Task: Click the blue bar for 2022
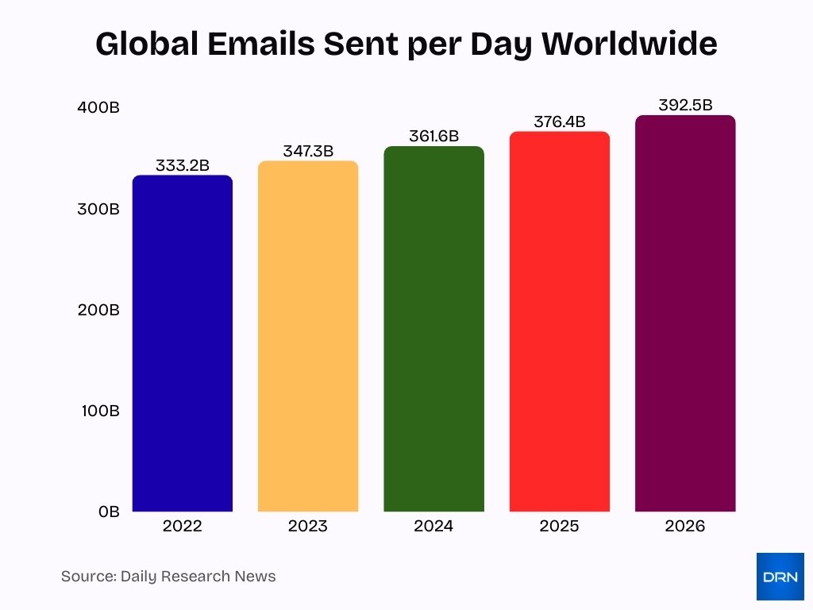(182, 343)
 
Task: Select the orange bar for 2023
(308, 336)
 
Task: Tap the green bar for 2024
(433, 329)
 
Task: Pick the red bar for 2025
(559, 322)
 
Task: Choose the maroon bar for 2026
(685, 314)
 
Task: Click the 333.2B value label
(182, 166)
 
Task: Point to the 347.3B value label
(308, 151)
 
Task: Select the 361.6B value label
(433, 136)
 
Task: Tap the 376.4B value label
(559, 122)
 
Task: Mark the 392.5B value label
(685, 105)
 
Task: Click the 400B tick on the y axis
(98, 108)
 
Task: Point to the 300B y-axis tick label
(98, 210)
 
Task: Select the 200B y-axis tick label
(98, 311)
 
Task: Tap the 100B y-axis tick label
(98, 411)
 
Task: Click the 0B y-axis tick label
(109, 512)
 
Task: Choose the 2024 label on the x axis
(433, 527)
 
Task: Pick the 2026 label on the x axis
(685, 527)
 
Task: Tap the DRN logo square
(780, 577)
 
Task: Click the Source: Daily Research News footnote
(168, 577)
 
